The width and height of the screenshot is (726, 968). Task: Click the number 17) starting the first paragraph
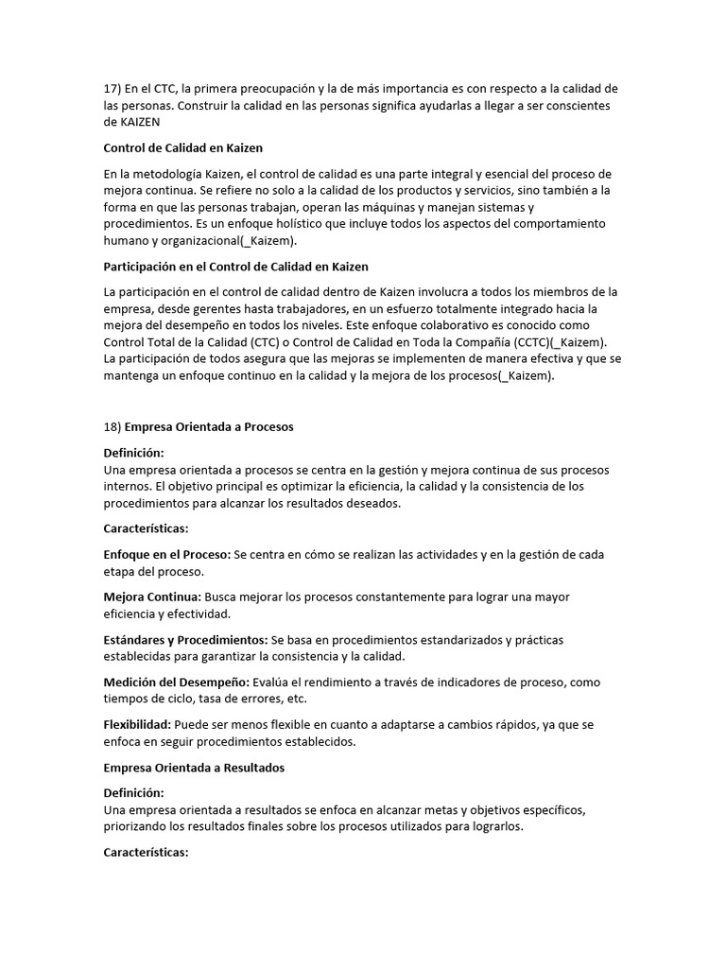112,89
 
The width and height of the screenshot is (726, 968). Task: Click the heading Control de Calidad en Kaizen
182,147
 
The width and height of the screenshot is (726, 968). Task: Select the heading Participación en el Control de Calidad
235,267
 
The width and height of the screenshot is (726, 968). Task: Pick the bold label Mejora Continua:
151,597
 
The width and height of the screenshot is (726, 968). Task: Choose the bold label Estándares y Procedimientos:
185,640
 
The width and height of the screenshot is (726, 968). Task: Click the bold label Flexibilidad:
138,725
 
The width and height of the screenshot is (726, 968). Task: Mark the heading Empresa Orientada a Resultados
194,768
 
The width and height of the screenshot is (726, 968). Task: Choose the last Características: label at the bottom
146,853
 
